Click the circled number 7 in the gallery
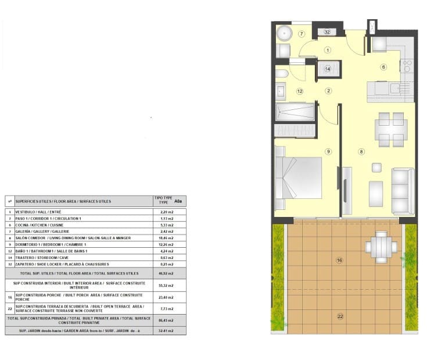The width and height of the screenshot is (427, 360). click(302, 34)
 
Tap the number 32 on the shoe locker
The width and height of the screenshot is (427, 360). click(328, 32)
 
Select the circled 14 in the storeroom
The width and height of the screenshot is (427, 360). click(328, 69)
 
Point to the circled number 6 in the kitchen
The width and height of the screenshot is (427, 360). click(383, 67)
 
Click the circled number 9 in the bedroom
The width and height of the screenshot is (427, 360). click(328, 152)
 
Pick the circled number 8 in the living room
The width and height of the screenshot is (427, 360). click(361, 152)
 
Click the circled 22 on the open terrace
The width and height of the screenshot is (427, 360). click(340, 316)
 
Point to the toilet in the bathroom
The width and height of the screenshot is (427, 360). click(281, 74)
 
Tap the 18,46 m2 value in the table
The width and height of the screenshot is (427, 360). click(166, 238)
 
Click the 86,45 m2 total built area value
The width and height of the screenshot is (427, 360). click(166, 320)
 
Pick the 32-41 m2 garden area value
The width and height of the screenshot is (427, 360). click(166, 331)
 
